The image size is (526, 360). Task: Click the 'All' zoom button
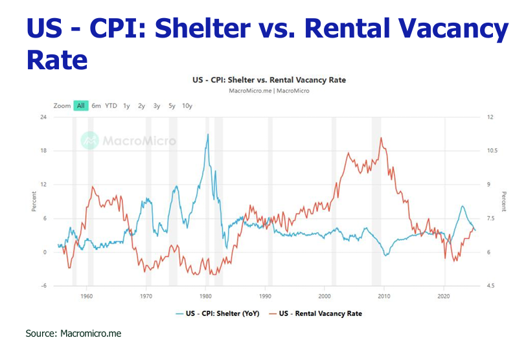click(x=81, y=106)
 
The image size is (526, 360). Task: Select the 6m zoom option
click(x=96, y=106)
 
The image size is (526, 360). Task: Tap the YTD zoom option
click(x=111, y=106)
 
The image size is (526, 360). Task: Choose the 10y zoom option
click(x=187, y=106)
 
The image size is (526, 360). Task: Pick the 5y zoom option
click(x=172, y=106)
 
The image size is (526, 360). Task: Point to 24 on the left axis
click(x=44, y=117)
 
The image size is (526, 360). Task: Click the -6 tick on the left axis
click(x=44, y=286)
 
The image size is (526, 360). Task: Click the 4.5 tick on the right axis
click(x=492, y=286)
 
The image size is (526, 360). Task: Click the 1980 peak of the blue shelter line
click(x=208, y=134)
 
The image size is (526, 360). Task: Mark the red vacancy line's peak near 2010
click(x=381, y=138)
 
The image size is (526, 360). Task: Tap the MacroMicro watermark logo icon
click(x=89, y=140)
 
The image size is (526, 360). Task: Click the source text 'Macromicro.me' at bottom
click(x=91, y=333)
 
